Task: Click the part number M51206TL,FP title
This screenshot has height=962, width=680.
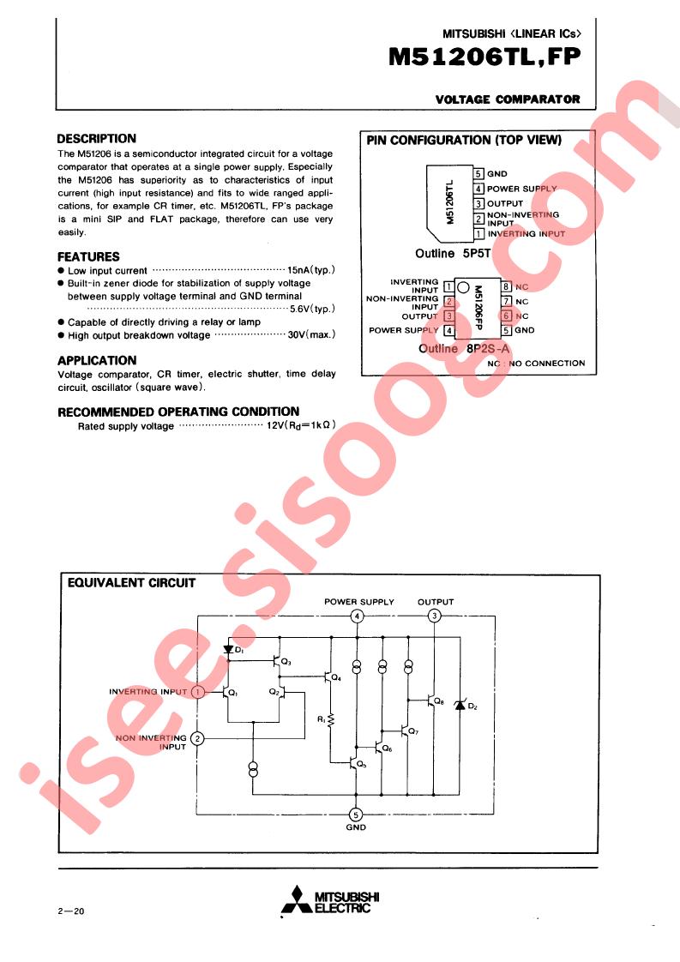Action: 484,57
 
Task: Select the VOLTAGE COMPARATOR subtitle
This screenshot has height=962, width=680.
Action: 508,99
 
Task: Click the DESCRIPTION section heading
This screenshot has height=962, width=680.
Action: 96,139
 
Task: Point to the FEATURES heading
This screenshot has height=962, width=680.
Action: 88,256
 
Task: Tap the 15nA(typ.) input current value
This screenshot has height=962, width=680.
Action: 311,270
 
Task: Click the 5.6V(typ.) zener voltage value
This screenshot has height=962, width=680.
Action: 312,309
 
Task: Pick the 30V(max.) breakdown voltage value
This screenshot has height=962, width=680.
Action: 311,335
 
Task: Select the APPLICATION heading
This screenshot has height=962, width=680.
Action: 97,360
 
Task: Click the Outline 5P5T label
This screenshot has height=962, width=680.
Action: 453,254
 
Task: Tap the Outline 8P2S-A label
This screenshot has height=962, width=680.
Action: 464,348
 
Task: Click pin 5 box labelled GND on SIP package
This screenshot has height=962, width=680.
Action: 478,174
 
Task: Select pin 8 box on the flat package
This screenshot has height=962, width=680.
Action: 506,286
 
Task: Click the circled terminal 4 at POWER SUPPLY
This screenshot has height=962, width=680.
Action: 358,616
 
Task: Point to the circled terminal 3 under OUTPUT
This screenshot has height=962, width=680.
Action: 435,616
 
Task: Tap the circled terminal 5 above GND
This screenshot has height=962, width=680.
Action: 356,815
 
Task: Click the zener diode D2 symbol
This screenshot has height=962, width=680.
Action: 460,705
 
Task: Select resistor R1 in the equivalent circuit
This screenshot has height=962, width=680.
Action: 331,719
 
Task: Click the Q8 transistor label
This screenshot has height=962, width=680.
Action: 439,701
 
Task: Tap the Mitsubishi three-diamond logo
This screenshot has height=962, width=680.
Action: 297,900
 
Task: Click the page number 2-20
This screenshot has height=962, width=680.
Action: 70,911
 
